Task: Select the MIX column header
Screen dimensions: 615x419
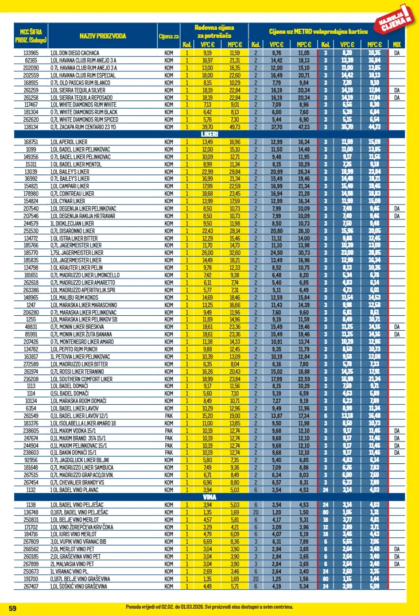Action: click(396, 44)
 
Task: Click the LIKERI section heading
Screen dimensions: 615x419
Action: click(209, 134)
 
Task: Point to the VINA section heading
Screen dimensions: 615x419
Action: click(209, 497)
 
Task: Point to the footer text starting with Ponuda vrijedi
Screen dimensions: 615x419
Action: click(209, 606)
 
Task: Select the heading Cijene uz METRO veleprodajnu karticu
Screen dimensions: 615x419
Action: click(318, 31)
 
